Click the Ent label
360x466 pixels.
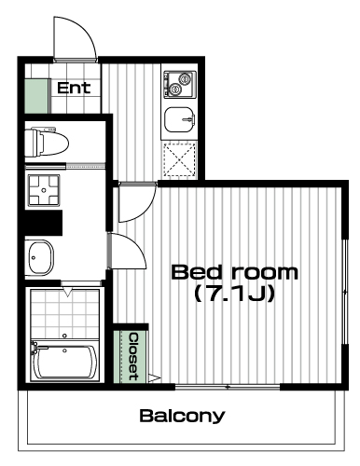tap(74, 88)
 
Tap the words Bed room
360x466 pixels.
tap(235, 272)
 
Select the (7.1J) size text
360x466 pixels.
tap(235, 294)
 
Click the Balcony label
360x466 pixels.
tap(182, 416)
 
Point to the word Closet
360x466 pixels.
tap(134, 357)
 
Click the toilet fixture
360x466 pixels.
tap(47, 143)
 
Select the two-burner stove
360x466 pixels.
tap(180, 85)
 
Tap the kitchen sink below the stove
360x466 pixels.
tap(180, 119)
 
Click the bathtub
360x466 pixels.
tap(64, 361)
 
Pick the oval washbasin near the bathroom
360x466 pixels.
tap(41, 257)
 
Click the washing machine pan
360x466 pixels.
tap(44, 190)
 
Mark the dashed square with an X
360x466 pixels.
tap(180, 160)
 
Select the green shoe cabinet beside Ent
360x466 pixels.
tap(37, 96)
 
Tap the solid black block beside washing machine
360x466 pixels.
tap(44, 223)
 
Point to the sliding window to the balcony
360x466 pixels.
tap(228, 387)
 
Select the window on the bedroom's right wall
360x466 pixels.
tap(345, 292)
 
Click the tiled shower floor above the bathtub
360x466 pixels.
tap(64, 314)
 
